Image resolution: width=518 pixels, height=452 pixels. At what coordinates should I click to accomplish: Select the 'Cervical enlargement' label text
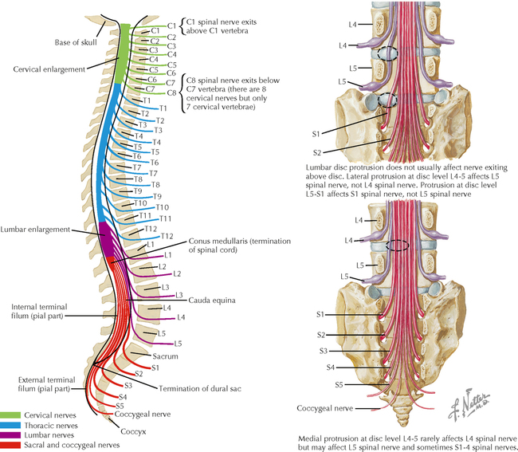click(49, 69)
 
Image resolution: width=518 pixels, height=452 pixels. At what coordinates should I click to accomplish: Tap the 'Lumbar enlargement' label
click(36, 230)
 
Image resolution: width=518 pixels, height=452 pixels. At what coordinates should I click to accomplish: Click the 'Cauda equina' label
click(211, 301)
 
